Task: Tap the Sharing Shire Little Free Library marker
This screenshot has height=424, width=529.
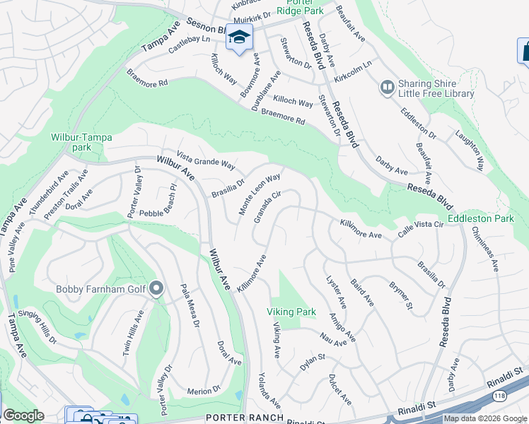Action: tap(386, 87)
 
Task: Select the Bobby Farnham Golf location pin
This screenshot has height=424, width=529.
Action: tap(156, 288)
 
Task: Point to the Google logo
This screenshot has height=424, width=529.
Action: tap(23, 416)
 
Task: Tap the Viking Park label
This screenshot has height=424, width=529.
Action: tap(290, 311)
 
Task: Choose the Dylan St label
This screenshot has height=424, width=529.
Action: tap(311, 361)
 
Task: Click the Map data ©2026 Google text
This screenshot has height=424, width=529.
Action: tap(485, 418)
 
